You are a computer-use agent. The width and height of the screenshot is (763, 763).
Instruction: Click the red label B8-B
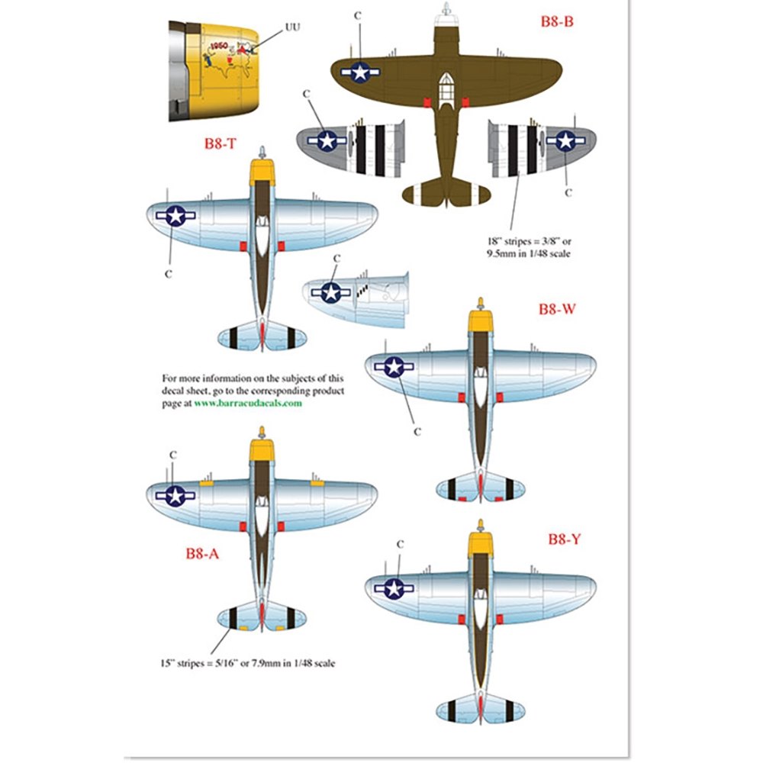point(556,22)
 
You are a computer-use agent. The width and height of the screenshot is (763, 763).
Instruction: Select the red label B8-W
point(555,310)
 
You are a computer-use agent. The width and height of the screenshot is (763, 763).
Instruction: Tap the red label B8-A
point(202,555)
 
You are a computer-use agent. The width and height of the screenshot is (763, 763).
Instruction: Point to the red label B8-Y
point(565,539)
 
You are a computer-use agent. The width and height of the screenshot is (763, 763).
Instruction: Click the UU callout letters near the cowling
point(292,27)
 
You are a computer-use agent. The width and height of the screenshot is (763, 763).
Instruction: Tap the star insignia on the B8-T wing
point(175,216)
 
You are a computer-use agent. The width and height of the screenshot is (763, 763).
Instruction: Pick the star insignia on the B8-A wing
point(175,496)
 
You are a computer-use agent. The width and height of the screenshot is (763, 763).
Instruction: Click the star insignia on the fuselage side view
point(331,292)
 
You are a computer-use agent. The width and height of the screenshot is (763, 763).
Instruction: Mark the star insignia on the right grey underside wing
point(565,140)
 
